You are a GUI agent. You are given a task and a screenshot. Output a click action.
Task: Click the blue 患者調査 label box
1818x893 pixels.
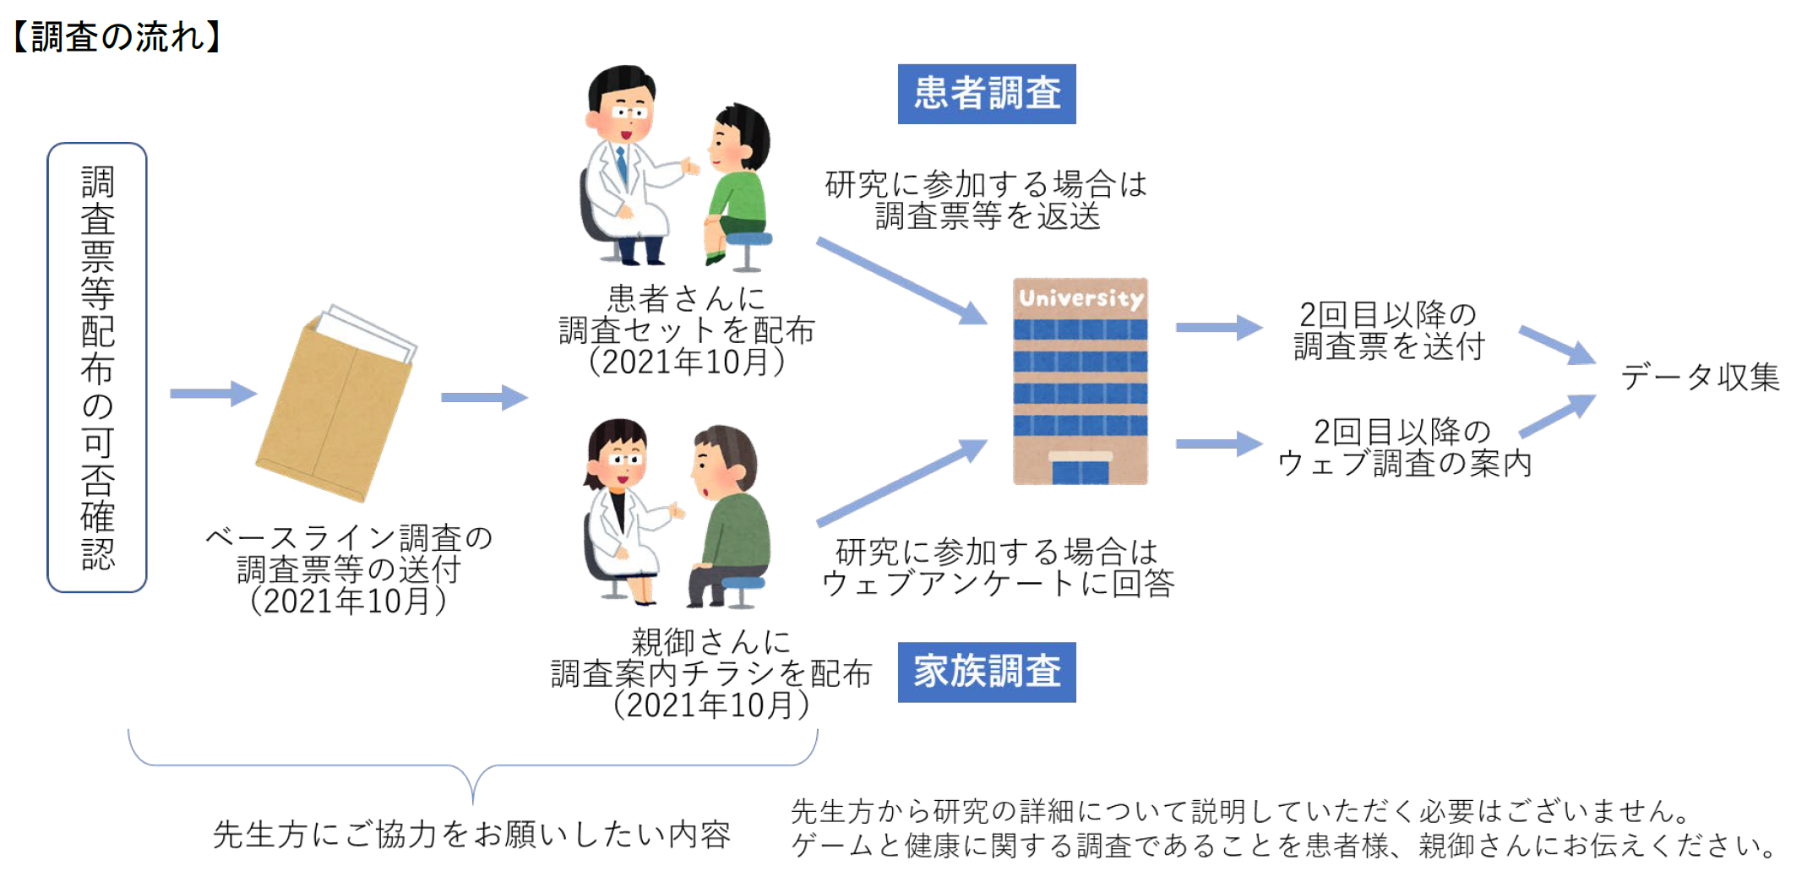click(x=986, y=94)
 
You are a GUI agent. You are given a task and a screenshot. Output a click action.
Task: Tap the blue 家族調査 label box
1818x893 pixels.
click(x=986, y=672)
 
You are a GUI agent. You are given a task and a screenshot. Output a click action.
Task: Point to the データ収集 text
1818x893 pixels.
click(x=1699, y=377)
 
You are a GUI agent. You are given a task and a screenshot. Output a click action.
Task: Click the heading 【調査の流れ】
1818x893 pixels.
click(x=117, y=37)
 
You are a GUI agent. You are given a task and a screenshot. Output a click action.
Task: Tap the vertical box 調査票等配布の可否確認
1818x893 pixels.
click(x=97, y=368)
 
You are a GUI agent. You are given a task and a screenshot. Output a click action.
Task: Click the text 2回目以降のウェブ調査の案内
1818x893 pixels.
click(x=1403, y=448)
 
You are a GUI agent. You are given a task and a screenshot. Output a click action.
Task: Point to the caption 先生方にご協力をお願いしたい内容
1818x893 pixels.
click(x=471, y=835)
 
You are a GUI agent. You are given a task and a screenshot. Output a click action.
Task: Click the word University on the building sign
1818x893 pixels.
click(x=1080, y=298)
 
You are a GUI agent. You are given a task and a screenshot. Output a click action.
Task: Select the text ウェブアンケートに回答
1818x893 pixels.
click(x=998, y=583)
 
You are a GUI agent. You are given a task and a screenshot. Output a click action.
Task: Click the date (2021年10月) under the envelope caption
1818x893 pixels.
click(x=348, y=601)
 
